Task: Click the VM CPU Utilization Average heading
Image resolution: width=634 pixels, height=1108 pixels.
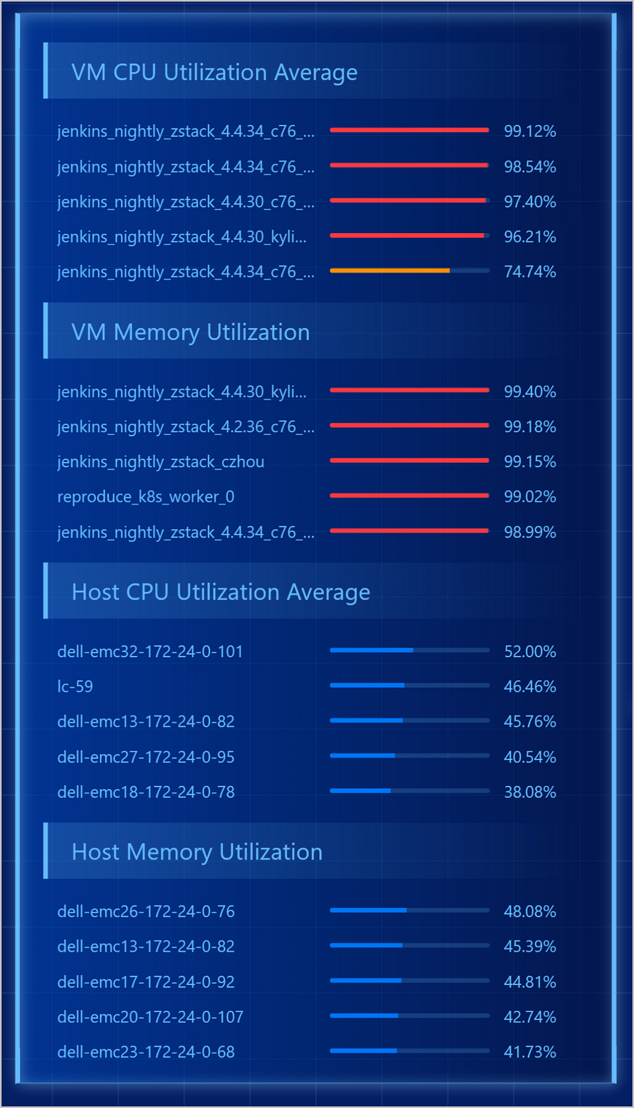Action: (x=214, y=72)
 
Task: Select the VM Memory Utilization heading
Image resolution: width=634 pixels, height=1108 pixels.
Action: (x=190, y=333)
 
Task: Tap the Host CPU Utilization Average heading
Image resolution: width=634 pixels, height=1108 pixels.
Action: (x=220, y=592)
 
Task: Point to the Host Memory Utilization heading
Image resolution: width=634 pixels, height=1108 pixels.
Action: (x=197, y=852)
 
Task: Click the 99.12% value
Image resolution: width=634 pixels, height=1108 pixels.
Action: (x=529, y=131)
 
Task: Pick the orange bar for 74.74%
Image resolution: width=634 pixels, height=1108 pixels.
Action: (x=390, y=271)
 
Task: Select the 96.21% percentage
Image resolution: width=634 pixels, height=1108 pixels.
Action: (x=529, y=237)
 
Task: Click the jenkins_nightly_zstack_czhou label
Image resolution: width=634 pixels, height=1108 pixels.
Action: (x=161, y=462)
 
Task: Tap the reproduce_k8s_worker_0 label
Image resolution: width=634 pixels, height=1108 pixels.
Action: (x=146, y=497)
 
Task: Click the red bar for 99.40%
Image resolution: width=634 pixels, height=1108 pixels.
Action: (x=409, y=390)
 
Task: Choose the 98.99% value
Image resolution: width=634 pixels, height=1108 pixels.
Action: (x=529, y=532)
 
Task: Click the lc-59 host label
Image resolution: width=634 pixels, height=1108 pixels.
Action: (x=75, y=687)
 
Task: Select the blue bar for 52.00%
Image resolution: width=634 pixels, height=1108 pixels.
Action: (x=371, y=650)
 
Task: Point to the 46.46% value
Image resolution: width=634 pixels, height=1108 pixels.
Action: (x=529, y=687)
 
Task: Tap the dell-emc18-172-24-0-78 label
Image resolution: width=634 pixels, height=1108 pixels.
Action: (x=146, y=792)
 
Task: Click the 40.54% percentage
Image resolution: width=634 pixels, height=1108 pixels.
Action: (x=529, y=757)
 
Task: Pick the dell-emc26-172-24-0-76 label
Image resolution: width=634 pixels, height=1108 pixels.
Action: (x=146, y=911)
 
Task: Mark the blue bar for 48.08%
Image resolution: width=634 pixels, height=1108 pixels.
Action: (x=368, y=910)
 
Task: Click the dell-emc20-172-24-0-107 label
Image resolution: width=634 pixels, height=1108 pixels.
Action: (x=150, y=1017)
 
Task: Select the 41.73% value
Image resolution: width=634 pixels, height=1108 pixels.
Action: (x=529, y=1052)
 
